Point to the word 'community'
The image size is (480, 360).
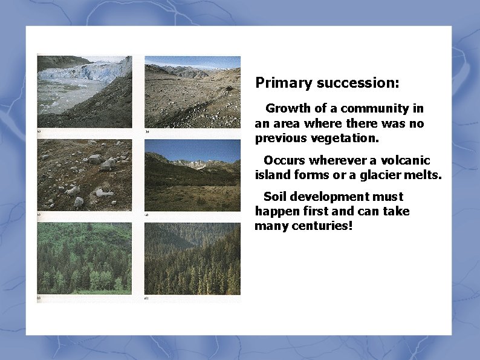pos(375,109)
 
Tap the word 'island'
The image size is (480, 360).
pos(273,175)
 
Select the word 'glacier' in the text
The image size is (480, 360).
pos(383,175)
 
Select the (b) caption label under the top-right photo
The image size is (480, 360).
pos(147,131)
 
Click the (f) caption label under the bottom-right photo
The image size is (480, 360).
pos(147,298)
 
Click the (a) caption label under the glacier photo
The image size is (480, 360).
pos(39,131)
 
